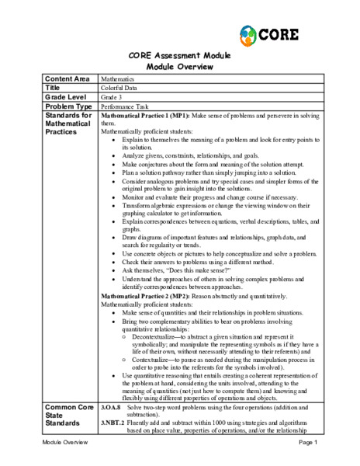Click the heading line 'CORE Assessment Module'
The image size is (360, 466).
(x=180, y=57)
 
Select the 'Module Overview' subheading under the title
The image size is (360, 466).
(x=180, y=67)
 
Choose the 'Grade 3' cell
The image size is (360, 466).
(x=113, y=97)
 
